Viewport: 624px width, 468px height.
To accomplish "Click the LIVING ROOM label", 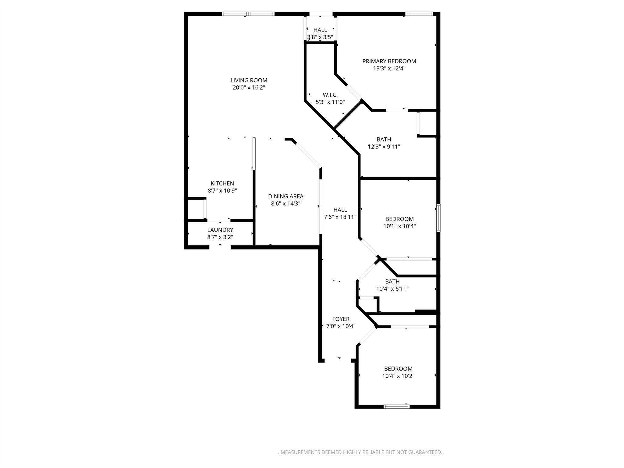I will (249, 80).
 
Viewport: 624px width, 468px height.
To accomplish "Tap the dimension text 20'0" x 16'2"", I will (249, 88).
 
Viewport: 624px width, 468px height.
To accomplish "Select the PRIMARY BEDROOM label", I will (389, 61).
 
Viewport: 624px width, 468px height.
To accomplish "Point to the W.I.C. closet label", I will (330, 95).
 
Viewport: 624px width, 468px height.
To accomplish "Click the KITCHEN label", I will (222, 183).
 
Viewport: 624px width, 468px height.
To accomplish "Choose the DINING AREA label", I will (285, 197).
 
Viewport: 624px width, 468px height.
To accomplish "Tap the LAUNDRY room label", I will (220, 230).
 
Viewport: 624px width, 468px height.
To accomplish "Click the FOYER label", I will (341, 319).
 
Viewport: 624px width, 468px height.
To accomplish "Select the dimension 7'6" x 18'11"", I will (340, 217).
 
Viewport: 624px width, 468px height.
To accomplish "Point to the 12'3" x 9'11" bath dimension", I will (384, 147).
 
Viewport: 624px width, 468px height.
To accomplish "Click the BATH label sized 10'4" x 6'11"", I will (392, 282).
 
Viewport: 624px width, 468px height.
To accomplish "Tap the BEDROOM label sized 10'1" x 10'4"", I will (399, 219).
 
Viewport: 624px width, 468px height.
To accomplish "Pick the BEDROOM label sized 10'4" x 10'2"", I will (398, 369).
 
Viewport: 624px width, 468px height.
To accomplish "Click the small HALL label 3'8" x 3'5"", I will (320, 30).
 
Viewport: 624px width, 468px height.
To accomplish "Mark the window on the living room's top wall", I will (248, 14).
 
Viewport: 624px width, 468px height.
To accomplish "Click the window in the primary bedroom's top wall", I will (419, 14).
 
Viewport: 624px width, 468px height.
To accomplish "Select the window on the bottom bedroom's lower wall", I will (396, 406).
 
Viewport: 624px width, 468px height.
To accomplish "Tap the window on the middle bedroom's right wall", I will (438, 218).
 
